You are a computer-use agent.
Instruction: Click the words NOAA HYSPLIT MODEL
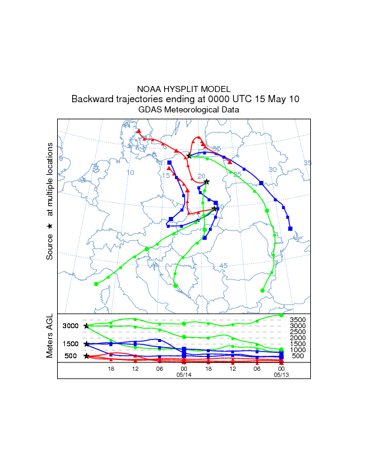point(183,89)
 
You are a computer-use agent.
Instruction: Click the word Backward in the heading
point(91,99)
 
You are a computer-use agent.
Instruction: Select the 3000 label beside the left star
point(71,326)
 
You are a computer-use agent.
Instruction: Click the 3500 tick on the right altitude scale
point(298,320)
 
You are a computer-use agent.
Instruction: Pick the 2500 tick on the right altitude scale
point(298,332)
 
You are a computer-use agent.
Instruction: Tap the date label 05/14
point(183,374)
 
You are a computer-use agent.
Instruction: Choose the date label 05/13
point(281,374)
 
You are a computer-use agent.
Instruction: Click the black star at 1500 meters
point(87,344)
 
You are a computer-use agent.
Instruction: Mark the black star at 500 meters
point(87,356)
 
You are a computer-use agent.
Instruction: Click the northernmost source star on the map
point(189,156)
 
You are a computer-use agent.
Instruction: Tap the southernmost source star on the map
point(215,209)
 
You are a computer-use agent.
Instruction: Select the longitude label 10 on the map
point(130,173)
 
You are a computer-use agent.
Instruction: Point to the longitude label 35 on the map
point(307,163)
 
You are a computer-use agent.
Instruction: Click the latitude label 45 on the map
point(224,266)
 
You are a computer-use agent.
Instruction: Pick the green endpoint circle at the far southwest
point(96,284)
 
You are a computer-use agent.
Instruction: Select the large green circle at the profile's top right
point(281,315)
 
